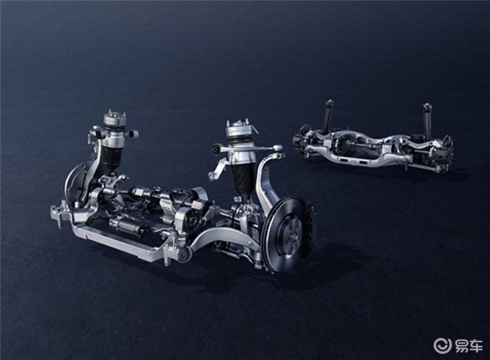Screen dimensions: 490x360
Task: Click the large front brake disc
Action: point(284,234)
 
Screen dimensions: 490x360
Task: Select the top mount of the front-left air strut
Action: point(115,119)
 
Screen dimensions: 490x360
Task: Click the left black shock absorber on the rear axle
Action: point(328,117)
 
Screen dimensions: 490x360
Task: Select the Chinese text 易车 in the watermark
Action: point(469,346)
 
